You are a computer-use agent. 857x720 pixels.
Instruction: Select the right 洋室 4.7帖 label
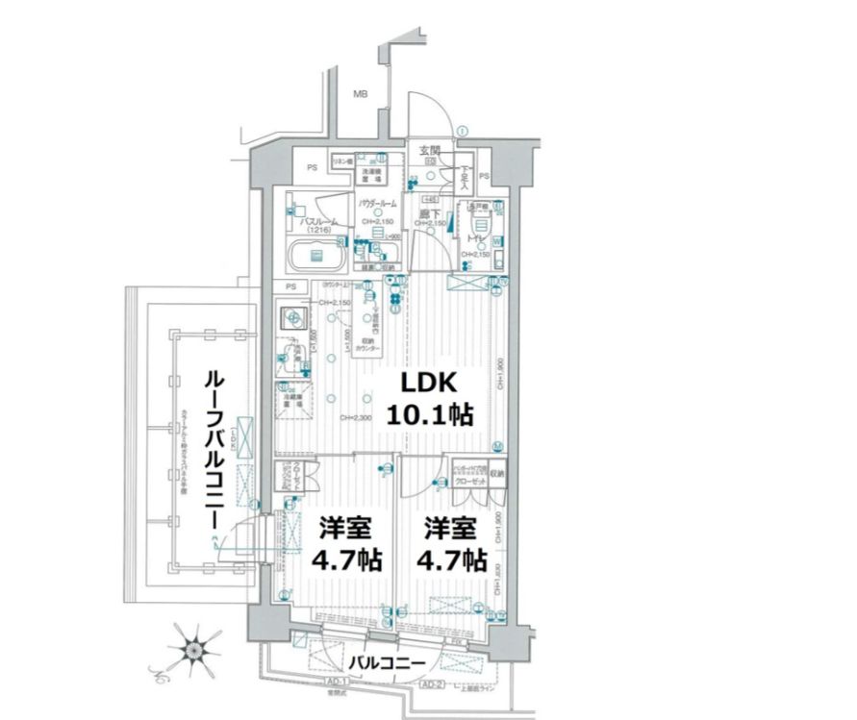pos(450,544)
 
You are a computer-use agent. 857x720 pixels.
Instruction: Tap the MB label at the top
pos(360,94)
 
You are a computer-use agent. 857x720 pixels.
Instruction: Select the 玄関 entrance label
pos(428,151)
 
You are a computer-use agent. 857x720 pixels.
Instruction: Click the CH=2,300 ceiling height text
pos(357,417)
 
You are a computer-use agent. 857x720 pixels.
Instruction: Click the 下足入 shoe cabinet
pos(463,176)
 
